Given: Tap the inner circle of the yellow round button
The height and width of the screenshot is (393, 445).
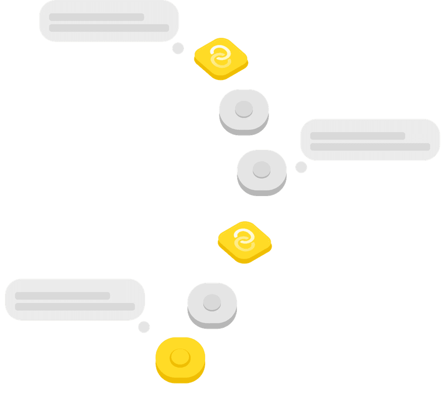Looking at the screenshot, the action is click(180, 357).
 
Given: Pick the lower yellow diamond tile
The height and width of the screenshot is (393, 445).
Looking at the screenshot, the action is click(245, 242).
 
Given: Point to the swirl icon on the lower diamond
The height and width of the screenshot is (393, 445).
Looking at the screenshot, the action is click(244, 240).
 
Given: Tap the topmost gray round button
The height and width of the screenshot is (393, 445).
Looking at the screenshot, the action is click(244, 110).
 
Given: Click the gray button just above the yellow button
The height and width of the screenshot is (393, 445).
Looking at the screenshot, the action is click(212, 304).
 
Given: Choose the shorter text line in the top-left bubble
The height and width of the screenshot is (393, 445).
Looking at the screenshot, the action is click(96, 17).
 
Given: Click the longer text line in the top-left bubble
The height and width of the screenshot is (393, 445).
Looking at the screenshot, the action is click(109, 28).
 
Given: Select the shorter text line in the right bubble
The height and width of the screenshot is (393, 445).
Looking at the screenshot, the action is click(357, 136).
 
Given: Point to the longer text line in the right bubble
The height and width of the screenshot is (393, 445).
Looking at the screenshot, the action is click(370, 147).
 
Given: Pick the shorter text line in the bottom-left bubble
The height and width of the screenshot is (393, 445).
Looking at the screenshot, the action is click(62, 296).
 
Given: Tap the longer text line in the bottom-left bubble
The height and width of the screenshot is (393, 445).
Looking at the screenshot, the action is click(75, 306).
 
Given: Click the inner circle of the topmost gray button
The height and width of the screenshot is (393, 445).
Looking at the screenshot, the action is click(244, 109).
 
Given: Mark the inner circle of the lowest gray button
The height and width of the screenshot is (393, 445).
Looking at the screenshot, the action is click(212, 302).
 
